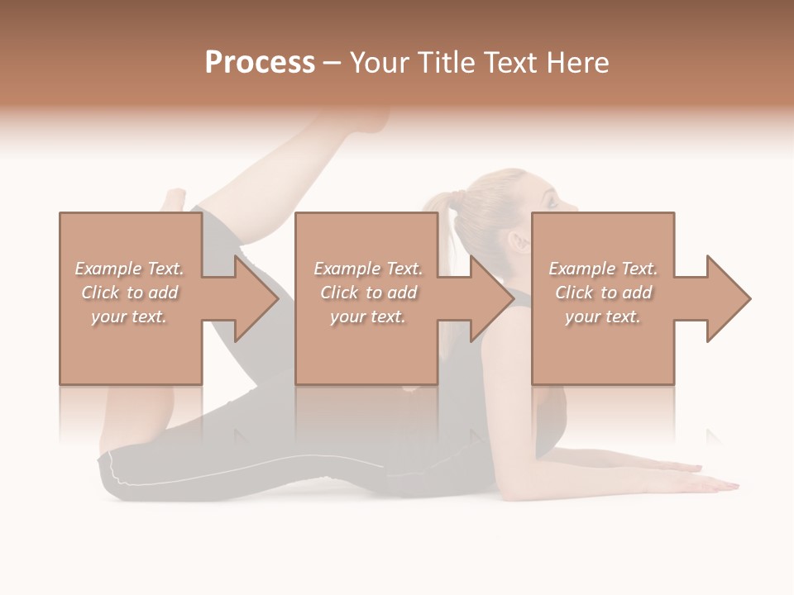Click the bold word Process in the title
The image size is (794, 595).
pyautogui.click(x=260, y=63)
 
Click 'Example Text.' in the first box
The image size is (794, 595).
pyautogui.click(x=129, y=269)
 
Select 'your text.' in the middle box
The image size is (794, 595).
pyautogui.click(x=367, y=317)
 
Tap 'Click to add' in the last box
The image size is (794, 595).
pyautogui.click(x=604, y=293)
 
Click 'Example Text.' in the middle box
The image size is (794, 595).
pyautogui.click(x=367, y=269)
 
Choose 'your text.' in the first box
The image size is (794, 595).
pyautogui.click(x=129, y=317)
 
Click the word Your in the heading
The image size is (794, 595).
pyautogui.click(x=377, y=63)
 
